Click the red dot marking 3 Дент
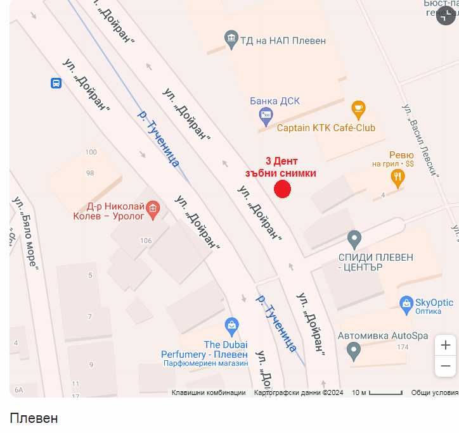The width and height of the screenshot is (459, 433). [282, 189]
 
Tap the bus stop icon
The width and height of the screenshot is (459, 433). [56, 83]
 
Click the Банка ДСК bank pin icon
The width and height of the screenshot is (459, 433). [266, 115]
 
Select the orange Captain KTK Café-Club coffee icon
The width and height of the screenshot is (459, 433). [358, 108]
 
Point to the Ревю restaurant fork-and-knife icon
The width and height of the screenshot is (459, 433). [398, 178]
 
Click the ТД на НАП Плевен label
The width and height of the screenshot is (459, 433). [283, 41]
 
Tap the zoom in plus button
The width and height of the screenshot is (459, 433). [446, 345]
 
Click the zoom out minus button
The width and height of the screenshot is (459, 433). [446, 366]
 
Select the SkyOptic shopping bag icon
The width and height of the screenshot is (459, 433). [406, 304]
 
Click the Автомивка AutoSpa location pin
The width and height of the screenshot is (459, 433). [354, 349]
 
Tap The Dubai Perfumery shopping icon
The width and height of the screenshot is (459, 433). [232, 327]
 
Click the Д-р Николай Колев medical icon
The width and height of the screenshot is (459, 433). [152, 208]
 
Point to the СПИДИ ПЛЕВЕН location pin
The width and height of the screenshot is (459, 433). [354, 239]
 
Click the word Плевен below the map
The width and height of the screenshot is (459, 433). [34, 418]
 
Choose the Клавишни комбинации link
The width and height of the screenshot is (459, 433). [209, 392]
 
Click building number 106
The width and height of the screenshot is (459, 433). [146, 241]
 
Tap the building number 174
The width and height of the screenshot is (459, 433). [403, 347]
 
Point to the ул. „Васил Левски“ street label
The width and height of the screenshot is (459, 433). [421, 140]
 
